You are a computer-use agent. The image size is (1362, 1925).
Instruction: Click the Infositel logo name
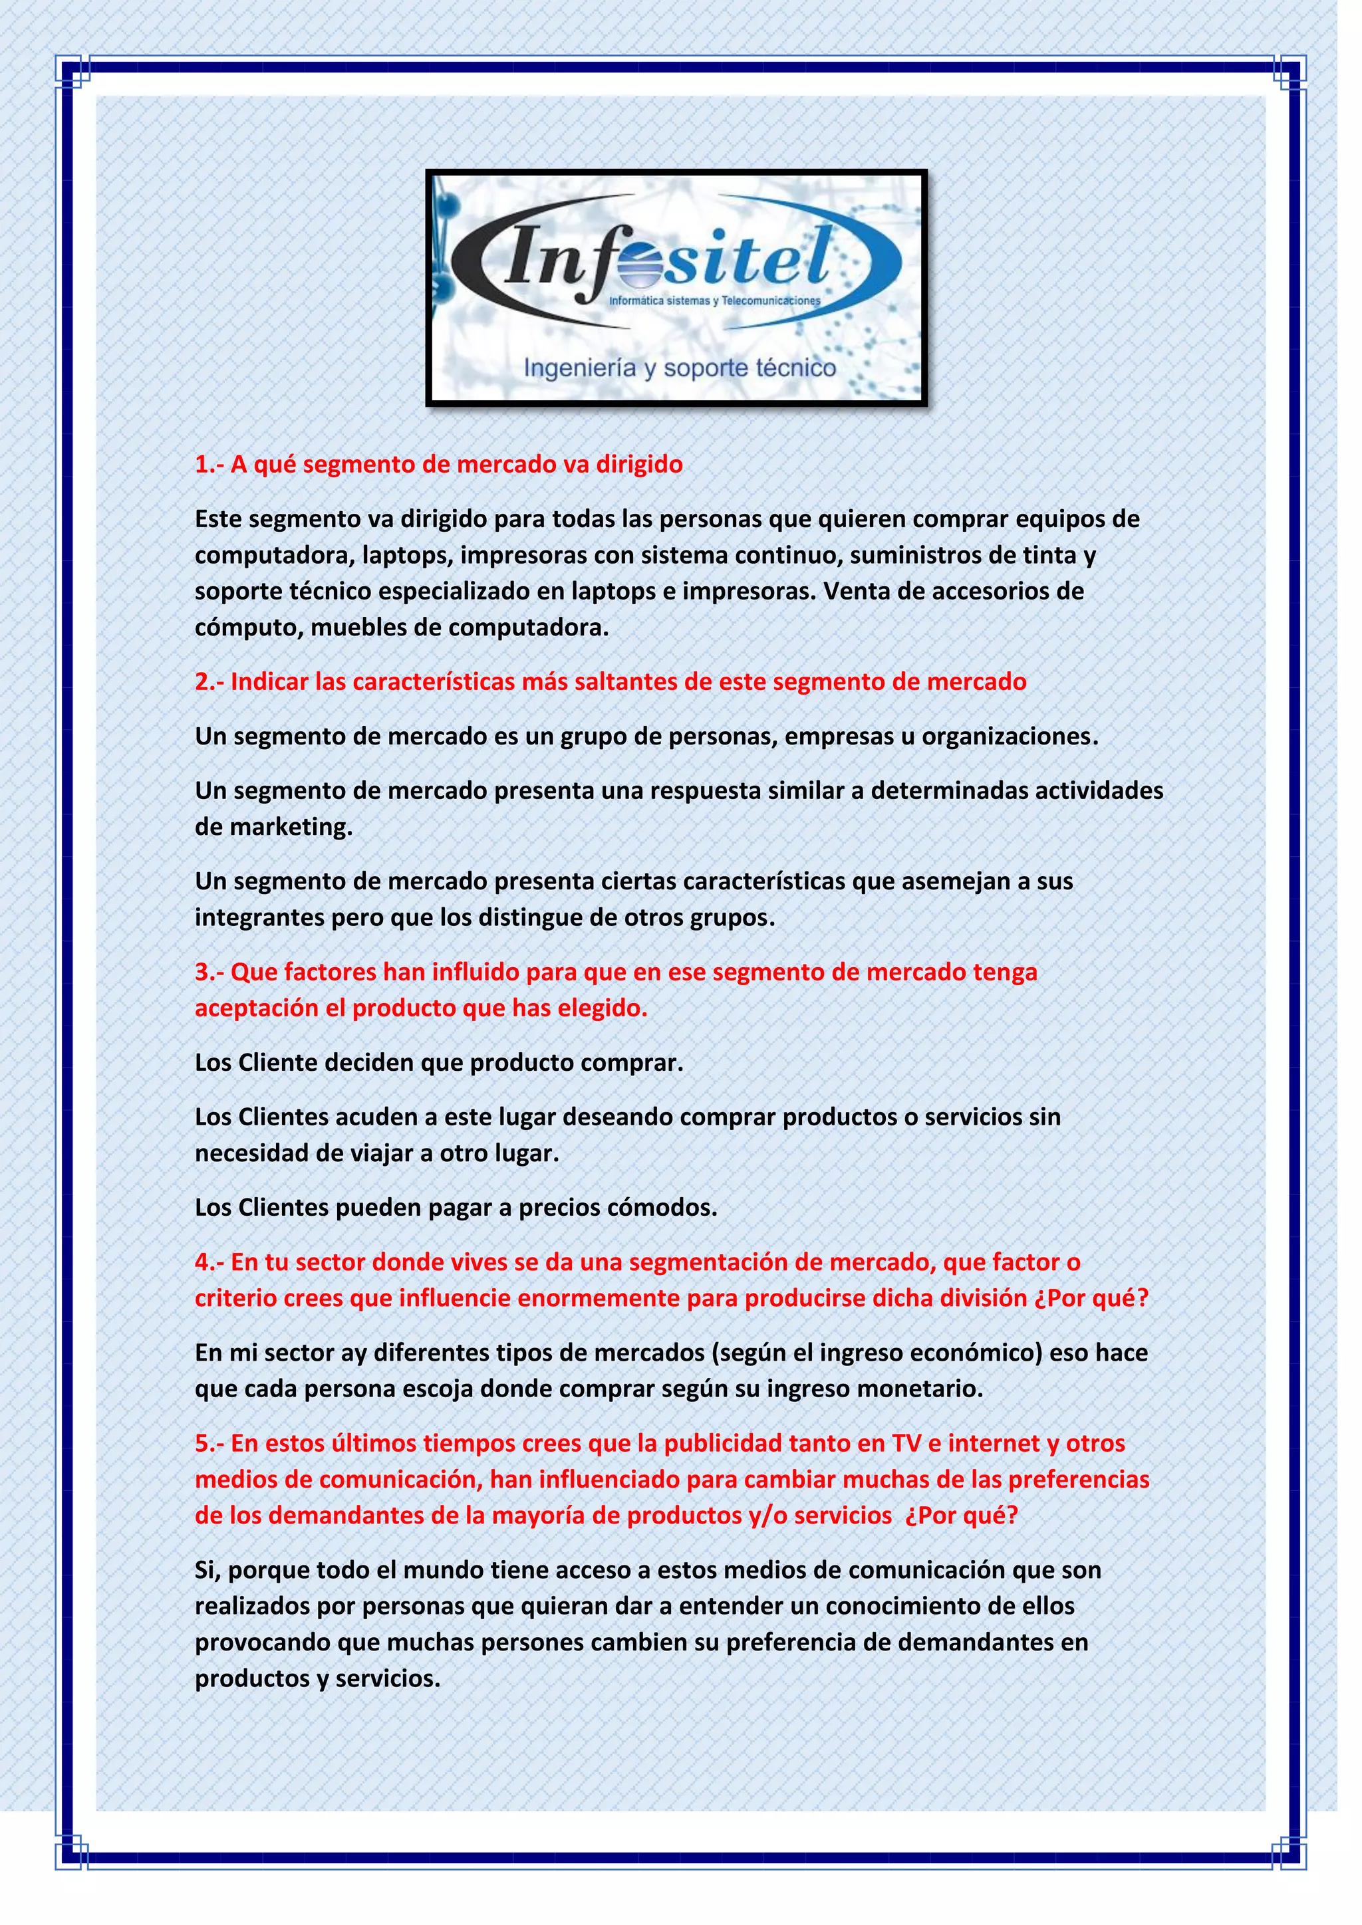tap(667, 257)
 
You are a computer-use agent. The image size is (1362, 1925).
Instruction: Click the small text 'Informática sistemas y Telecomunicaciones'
tap(714, 300)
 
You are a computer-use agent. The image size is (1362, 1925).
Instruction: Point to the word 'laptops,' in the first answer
tap(408, 555)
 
